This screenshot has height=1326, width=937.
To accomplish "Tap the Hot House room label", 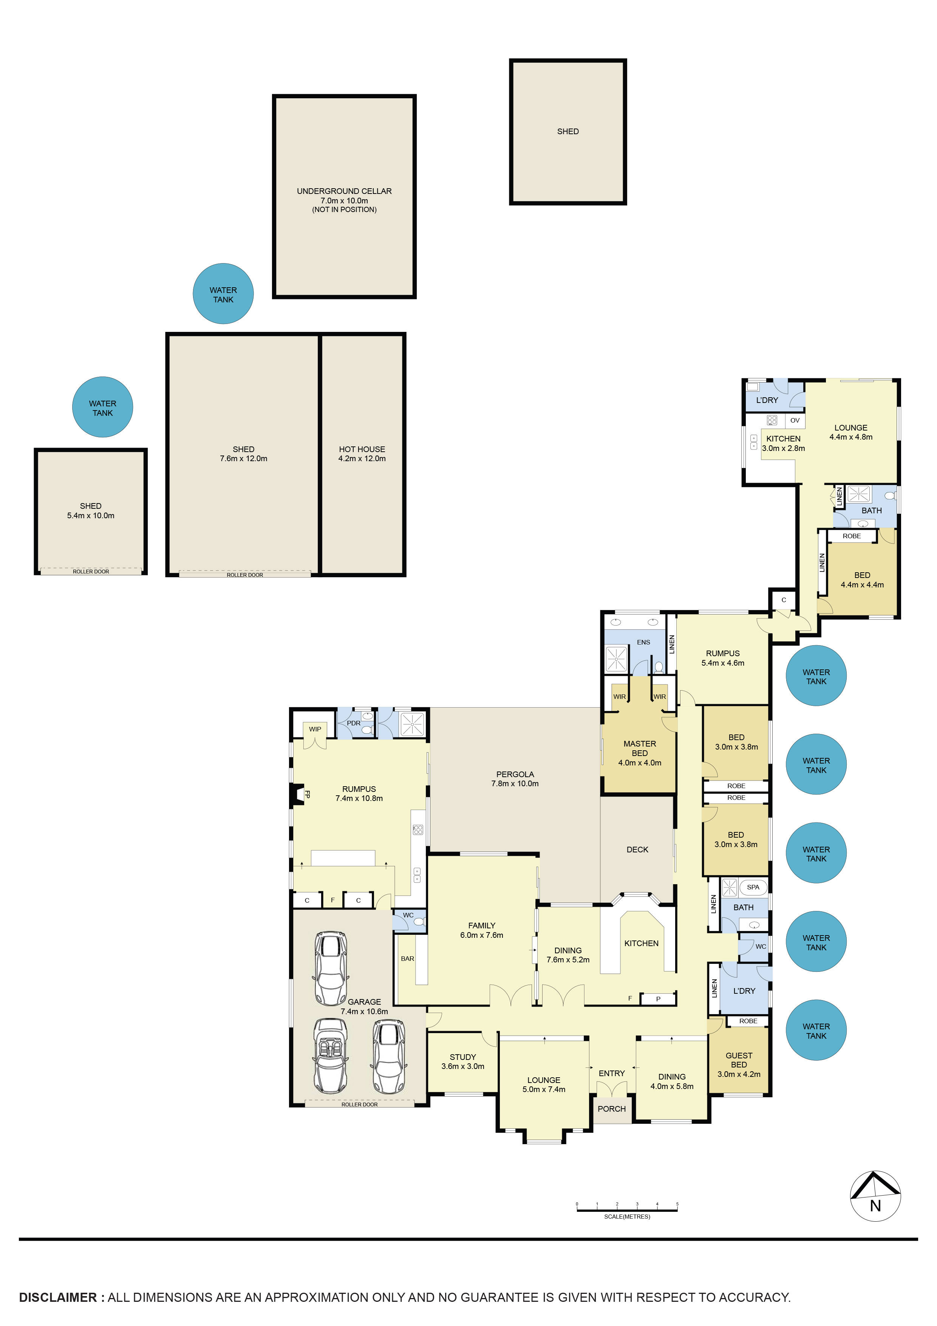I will coord(362,453).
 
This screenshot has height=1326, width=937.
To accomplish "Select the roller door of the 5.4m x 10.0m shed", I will coord(91,571).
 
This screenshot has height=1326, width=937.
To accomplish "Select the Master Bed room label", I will coord(639,753).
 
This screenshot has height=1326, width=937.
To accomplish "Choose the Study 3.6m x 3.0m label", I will coord(462,1061).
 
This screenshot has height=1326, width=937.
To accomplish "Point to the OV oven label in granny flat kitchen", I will coord(795,420).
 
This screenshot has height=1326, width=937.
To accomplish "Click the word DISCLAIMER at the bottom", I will coord(58,1297).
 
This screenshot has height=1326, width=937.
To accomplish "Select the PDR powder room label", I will coord(353,723).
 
